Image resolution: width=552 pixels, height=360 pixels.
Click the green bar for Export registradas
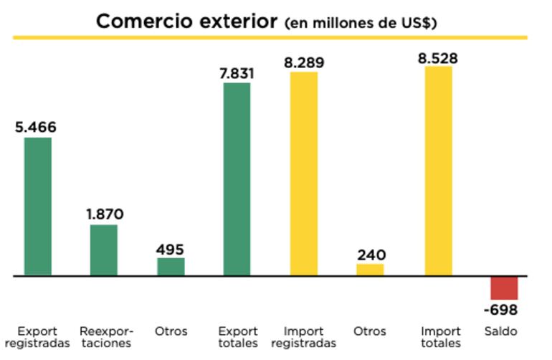click(x=38, y=206)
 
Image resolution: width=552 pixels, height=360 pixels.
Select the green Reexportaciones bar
click(x=104, y=250)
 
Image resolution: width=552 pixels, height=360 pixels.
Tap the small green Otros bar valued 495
click(x=171, y=266)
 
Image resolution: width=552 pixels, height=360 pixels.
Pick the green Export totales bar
click(x=237, y=179)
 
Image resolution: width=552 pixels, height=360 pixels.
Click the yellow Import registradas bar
click(x=304, y=174)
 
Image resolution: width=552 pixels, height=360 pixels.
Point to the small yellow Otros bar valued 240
click(x=370, y=270)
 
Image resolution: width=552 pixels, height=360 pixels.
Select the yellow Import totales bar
click(x=439, y=171)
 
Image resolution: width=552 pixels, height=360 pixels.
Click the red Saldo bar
click(x=504, y=288)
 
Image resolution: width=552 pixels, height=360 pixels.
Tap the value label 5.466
click(x=36, y=128)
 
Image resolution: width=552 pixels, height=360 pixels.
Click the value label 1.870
click(x=105, y=214)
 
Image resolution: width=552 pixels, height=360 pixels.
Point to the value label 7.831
click(x=237, y=73)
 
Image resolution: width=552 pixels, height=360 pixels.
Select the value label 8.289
click(x=304, y=62)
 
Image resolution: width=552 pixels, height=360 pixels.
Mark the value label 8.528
click(x=438, y=57)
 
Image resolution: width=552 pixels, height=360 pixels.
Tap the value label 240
click(x=371, y=255)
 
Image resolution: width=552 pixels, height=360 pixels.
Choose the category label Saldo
click(x=500, y=331)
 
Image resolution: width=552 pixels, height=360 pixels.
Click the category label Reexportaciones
click(x=106, y=337)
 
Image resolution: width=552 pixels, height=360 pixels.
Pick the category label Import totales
click(x=440, y=337)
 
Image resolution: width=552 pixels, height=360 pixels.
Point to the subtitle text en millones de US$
click(x=361, y=23)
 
